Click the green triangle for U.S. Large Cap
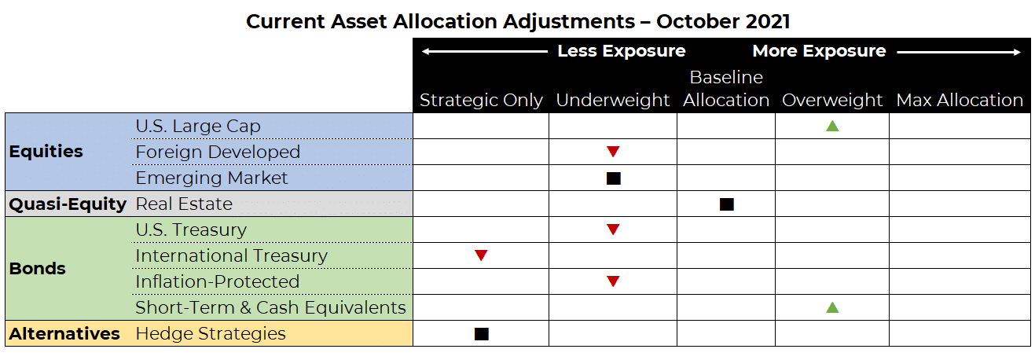point(832,127)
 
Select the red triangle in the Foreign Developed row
point(613,152)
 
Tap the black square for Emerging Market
point(614,178)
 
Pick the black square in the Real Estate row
point(727,204)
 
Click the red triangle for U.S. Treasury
point(613,230)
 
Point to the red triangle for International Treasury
point(481,255)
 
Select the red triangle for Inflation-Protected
point(613,281)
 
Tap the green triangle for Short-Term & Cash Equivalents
point(832,307)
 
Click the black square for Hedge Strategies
point(482,334)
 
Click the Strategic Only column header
point(481,101)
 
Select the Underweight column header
point(613,101)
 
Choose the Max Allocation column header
point(960,101)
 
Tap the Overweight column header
point(832,101)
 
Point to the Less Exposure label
point(622,51)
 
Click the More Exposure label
point(819,51)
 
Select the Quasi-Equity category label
point(68,204)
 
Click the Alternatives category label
point(64,333)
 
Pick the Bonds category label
point(38,269)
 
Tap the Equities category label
point(46,152)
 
